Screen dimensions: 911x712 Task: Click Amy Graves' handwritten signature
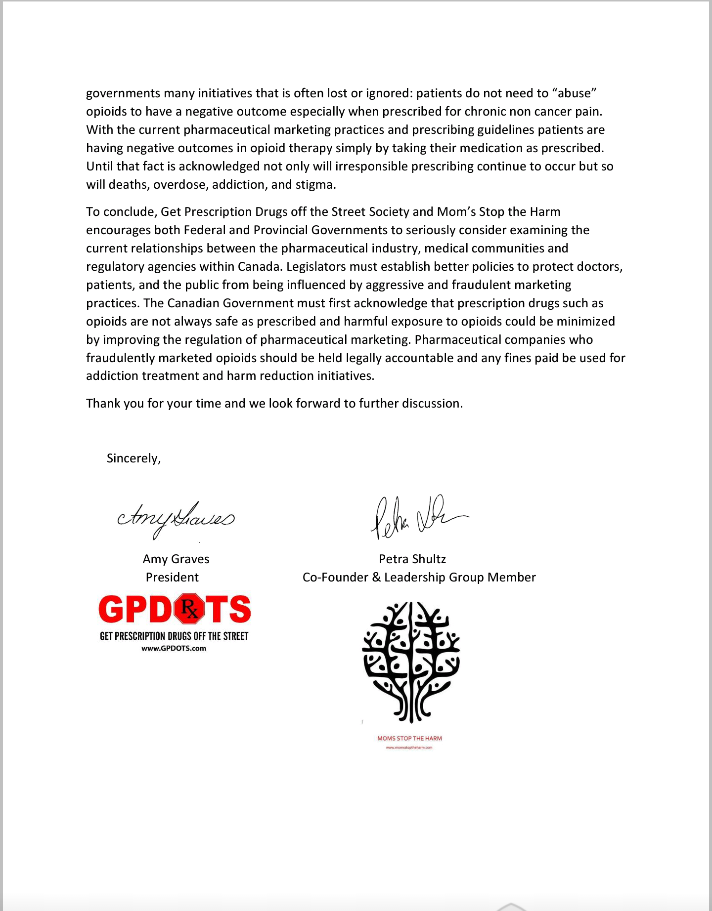pos(176,519)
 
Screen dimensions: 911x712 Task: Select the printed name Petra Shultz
pos(412,559)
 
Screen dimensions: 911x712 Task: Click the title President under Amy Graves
pos(172,578)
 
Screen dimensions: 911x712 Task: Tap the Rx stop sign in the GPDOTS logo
pos(188,609)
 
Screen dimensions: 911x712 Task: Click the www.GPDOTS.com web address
pos(174,649)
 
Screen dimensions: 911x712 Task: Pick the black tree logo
pos(411,662)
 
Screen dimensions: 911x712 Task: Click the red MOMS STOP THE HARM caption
pos(409,739)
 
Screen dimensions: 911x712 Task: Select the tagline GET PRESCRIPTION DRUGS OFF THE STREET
pos(174,636)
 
